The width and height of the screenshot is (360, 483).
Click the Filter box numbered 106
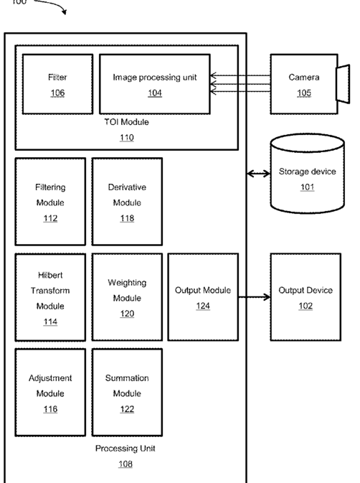[x=57, y=84]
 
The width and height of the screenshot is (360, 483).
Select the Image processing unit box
[x=155, y=84]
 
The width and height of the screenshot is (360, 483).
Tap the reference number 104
[x=155, y=93]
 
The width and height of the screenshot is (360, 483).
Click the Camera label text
[x=304, y=77]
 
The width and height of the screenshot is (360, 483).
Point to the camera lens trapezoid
[x=343, y=84]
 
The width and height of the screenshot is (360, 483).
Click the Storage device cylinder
[x=308, y=174]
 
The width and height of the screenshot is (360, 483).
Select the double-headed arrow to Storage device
[x=258, y=174]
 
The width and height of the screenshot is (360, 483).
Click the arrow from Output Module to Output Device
[x=254, y=297]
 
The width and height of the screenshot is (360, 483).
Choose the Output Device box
[x=305, y=297]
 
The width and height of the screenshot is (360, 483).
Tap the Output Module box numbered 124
[x=203, y=297]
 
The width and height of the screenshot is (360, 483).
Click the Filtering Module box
[x=50, y=202]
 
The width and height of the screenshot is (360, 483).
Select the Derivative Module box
[x=127, y=202]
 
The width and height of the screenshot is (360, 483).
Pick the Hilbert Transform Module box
[x=50, y=297]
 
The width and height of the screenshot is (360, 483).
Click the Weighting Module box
[x=127, y=297]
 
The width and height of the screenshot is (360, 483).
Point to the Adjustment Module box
[x=50, y=393]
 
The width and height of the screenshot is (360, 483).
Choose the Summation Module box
[x=127, y=393]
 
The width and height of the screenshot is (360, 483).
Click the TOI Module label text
[x=126, y=122]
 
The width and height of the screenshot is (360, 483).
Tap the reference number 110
[x=127, y=137]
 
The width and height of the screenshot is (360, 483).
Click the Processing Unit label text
[x=125, y=449]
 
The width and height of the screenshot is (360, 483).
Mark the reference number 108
[x=125, y=464]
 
